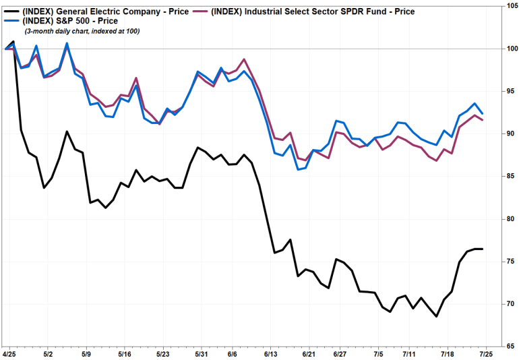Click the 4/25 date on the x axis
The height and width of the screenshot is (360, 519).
[x=9, y=353]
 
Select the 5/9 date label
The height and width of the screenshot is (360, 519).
[x=86, y=353]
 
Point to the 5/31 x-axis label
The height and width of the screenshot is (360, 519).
[x=200, y=353]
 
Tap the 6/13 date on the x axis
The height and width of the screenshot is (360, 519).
[x=271, y=353]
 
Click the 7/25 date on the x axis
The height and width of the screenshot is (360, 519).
[x=484, y=353]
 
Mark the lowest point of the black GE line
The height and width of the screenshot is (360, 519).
[x=437, y=316]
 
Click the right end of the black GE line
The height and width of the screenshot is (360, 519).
[x=482, y=249]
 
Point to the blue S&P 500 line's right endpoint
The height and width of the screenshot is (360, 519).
[x=482, y=113]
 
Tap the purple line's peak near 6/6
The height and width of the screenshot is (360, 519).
[x=244, y=59]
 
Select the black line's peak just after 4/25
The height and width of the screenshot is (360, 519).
[x=13, y=42]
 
